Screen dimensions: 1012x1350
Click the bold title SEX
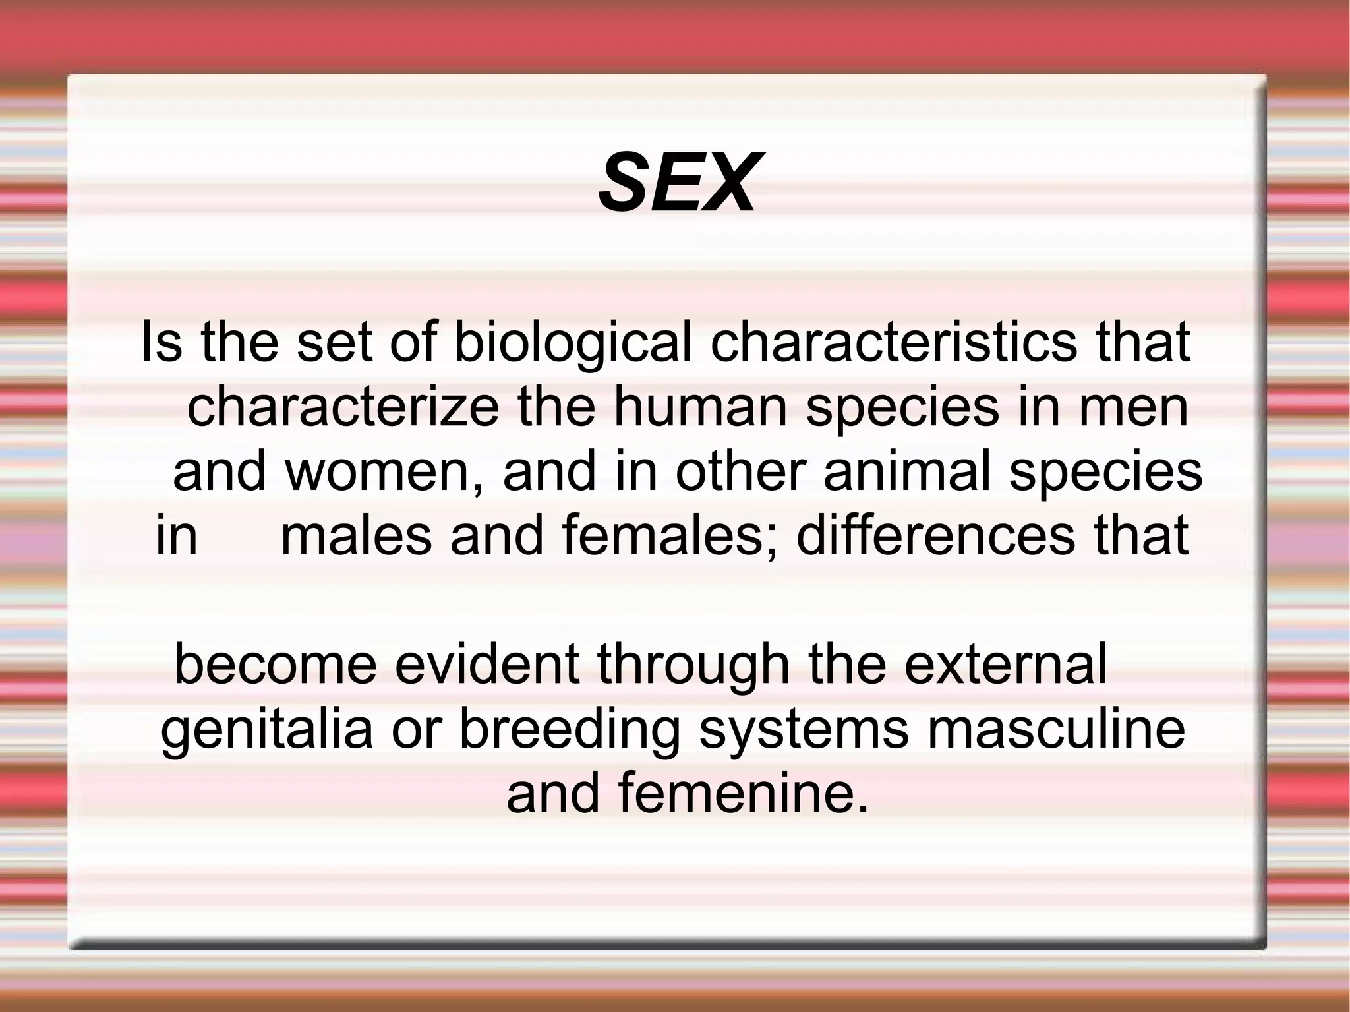[x=677, y=183]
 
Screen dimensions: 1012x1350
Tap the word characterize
[x=343, y=407]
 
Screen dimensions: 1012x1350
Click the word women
[x=383, y=472]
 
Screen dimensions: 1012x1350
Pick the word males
[x=356, y=535]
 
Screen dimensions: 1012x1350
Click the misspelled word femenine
[x=743, y=793]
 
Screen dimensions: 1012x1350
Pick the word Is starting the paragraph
[x=161, y=343]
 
